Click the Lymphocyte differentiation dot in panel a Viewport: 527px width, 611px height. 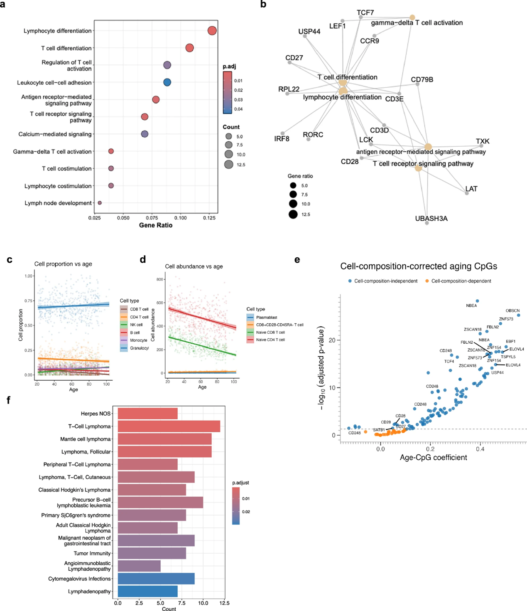point(212,31)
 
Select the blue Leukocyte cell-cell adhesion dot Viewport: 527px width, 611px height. point(167,82)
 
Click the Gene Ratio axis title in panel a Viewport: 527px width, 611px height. point(156,225)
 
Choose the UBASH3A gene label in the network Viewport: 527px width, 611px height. point(431,219)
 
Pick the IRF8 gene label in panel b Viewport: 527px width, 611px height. point(282,139)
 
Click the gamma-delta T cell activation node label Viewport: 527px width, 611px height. point(417,23)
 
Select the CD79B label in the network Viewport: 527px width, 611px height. point(422,79)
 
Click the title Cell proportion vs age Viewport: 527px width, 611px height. point(63,264)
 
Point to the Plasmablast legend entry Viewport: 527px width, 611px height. point(266,318)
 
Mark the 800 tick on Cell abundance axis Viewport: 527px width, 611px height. point(159,279)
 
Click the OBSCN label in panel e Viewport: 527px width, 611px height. point(512,310)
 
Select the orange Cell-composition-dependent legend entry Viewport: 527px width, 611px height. point(461,281)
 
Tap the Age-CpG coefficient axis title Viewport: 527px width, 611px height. point(433,458)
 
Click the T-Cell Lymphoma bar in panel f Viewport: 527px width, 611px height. point(169,426)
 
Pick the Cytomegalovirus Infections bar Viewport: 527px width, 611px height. point(156,579)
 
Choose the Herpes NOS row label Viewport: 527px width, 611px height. point(96,414)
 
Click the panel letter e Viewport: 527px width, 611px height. point(297,260)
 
